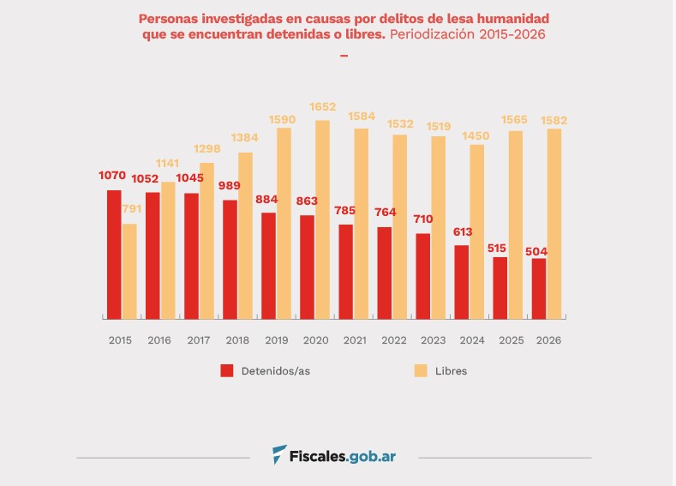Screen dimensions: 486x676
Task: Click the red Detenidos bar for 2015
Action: tap(114, 254)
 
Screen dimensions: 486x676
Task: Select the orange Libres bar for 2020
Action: tap(322, 219)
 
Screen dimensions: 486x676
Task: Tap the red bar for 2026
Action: tap(538, 288)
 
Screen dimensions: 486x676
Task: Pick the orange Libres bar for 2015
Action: tap(129, 271)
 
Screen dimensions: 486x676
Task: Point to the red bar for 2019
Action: tap(268, 266)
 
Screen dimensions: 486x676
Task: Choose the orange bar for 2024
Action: tap(476, 231)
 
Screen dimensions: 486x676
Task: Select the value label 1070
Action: tap(112, 176)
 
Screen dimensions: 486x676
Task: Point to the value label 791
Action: tap(131, 208)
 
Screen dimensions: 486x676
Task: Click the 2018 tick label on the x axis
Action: tap(236, 340)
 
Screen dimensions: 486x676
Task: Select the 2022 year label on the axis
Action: tap(393, 340)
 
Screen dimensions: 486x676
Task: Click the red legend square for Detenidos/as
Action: tap(227, 370)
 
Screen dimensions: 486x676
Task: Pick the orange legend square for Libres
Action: tap(421, 370)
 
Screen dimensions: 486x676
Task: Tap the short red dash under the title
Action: tap(344, 55)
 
